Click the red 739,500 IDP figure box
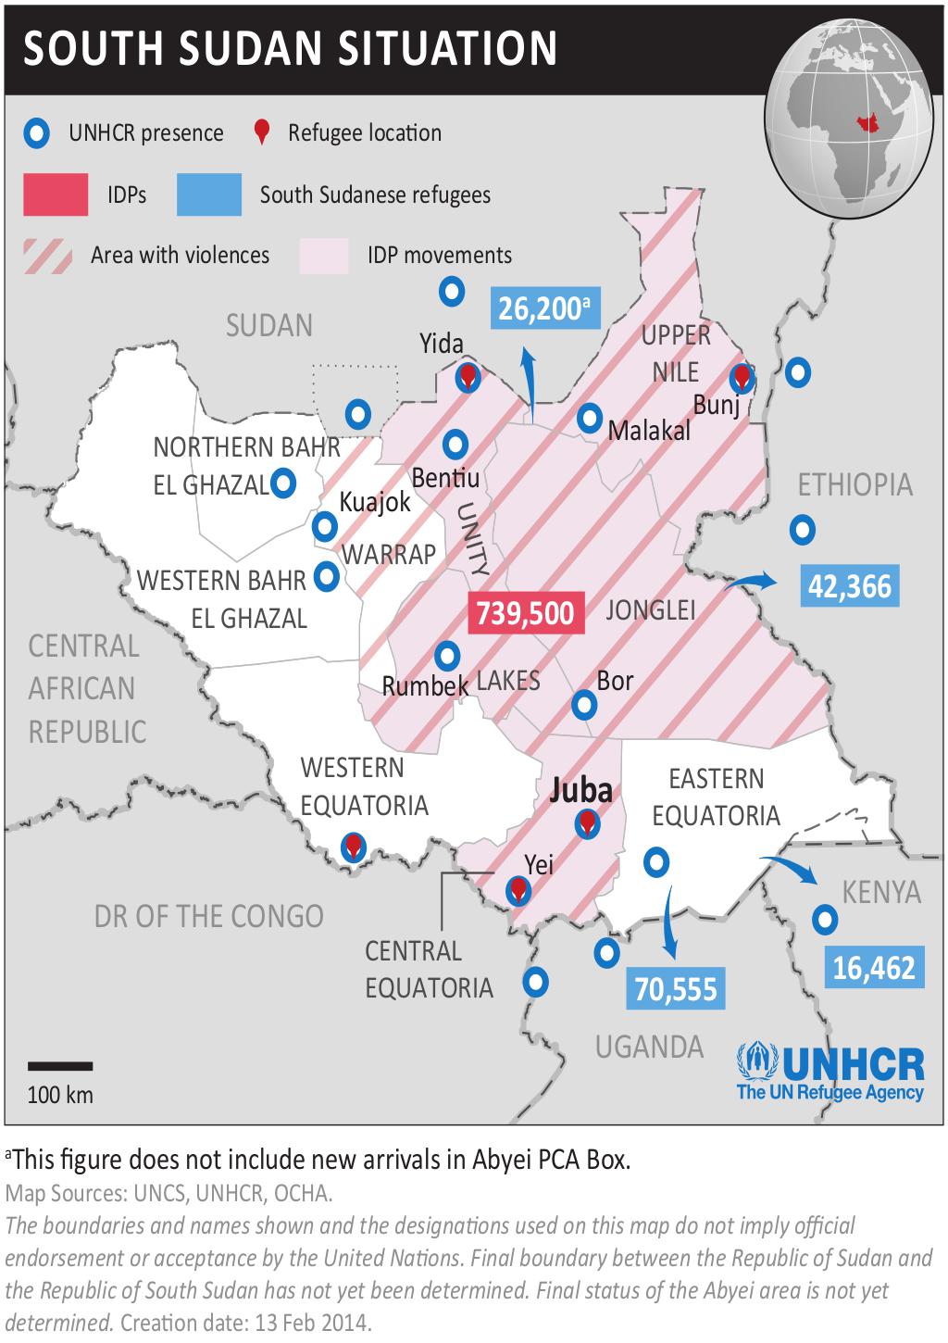point(527,613)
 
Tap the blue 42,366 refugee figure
point(849,587)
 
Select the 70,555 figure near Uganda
point(676,989)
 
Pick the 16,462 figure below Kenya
point(873,968)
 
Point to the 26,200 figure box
point(544,308)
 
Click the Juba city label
point(580,790)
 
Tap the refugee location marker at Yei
point(518,890)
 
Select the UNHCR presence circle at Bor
point(584,706)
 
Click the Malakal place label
point(649,431)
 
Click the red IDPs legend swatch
point(56,195)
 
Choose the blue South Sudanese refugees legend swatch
point(209,195)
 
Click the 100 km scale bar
point(60,1067)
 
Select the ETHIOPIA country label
point(854,484)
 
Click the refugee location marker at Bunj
point(741,377)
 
